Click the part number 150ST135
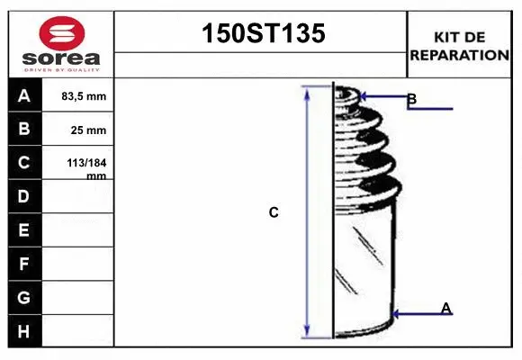[x=260, y=34]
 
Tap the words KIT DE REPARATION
[x=459, y=45]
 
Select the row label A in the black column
[x=25, y=96]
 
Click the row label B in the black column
[x=25, y=129]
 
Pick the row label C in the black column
[x=25, y=163]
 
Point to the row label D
[x=25, y=196]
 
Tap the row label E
[x=25, y=230]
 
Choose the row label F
[x=25, y=264]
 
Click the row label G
[x=25, y=297]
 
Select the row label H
[x=25, y=331]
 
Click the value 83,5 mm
[x=84, y=96]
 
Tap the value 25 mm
[x=89, y=130]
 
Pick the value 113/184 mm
[x=88, y=168]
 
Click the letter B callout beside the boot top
[x=411, y=99]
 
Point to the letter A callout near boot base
[x=445, y=309]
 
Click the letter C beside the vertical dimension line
[x=274, y=213]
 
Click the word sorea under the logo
[x=61, y=58]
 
